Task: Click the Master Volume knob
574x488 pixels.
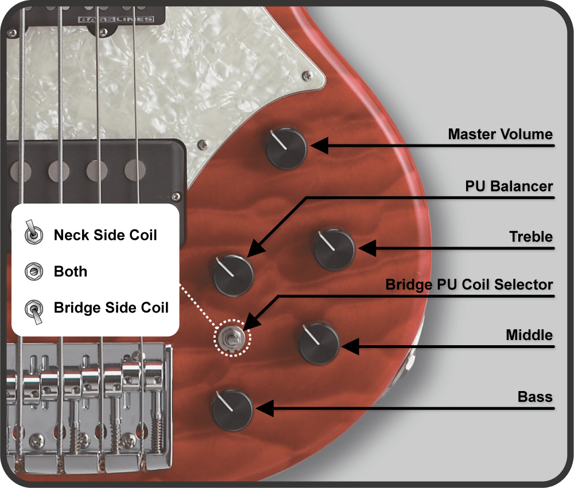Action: pos(286,149)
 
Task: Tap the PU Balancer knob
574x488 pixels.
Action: pos(233,275)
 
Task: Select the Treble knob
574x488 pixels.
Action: pos(334,249)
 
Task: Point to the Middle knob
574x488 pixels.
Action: pos(319,344)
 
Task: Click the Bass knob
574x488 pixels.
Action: pos(232,409)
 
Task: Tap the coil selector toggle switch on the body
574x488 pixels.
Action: pos(232,338)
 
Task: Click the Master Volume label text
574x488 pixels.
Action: pos(500,134)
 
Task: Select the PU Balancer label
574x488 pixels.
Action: pos(509,186)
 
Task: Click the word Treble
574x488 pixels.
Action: pos(531,237)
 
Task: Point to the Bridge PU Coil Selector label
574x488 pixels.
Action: pos(469,284)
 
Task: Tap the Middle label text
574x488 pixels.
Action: pos(529,335)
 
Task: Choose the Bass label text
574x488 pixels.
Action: pos(535,397)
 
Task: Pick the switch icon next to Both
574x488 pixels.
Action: pos(34,271)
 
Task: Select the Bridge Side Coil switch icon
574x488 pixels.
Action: pos(34,311)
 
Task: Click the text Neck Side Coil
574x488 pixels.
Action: pos(106,235)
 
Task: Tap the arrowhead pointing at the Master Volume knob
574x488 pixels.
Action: pos(320,146)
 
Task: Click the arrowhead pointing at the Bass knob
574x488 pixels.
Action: pos(265,408)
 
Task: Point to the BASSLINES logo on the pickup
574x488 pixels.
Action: pos(116,19)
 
